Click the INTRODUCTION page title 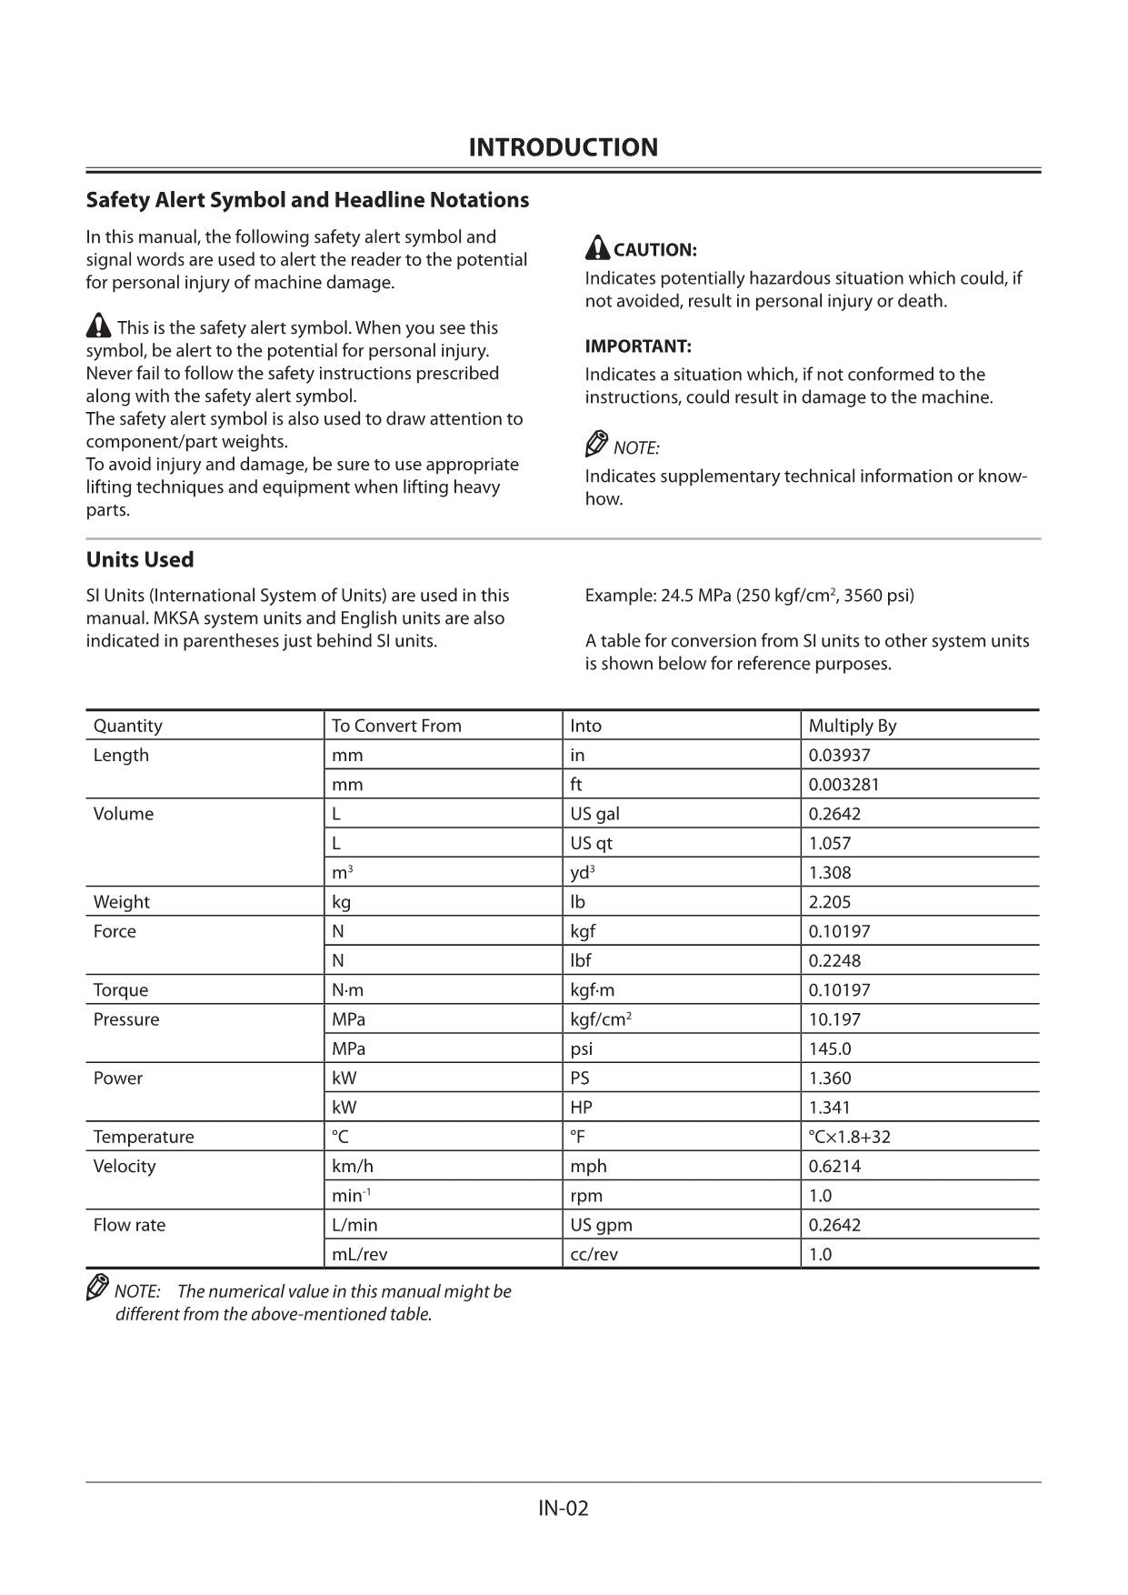pos(563,147)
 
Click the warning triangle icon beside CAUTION pos(597,247)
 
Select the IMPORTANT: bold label pos(637,346)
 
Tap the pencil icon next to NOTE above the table pos(596,445)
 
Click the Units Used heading pos(140,559)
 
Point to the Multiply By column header pos(852,726)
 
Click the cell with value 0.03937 pos(839,755)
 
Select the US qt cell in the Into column pos(591,843)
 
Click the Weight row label pos(121,902)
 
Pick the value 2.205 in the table pos(829,902)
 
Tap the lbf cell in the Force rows pos(580,960)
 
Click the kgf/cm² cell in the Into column pos(600,1019)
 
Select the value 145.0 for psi pos(829,1048)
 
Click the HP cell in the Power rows pos(581,1108)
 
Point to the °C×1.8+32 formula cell pos(849,1137)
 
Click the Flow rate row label pos(129,1225)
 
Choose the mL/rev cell pos(359,1254)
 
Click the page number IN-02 pos(563,1509)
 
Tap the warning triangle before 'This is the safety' pos(98,326)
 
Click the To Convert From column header pos(396,726)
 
